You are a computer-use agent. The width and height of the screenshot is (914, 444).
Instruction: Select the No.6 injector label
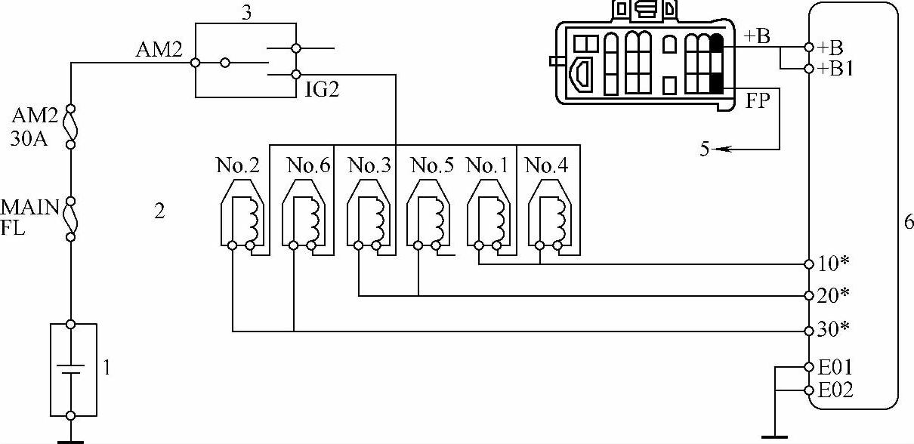308,165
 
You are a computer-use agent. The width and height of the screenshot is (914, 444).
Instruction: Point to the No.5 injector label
433,165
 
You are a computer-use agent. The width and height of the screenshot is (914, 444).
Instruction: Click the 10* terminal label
834,264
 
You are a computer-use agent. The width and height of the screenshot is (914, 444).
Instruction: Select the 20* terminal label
834,295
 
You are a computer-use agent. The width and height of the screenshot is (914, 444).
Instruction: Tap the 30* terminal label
834,330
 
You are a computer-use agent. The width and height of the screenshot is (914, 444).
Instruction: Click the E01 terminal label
835,368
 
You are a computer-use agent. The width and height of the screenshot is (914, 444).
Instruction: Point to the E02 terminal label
835,390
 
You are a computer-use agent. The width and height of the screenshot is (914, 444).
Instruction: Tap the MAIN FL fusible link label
29,217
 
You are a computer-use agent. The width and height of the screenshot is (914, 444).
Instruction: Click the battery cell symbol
71,371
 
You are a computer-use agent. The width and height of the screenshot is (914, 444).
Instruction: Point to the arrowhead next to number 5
720,150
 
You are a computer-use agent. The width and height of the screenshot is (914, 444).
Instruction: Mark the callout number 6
908,222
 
